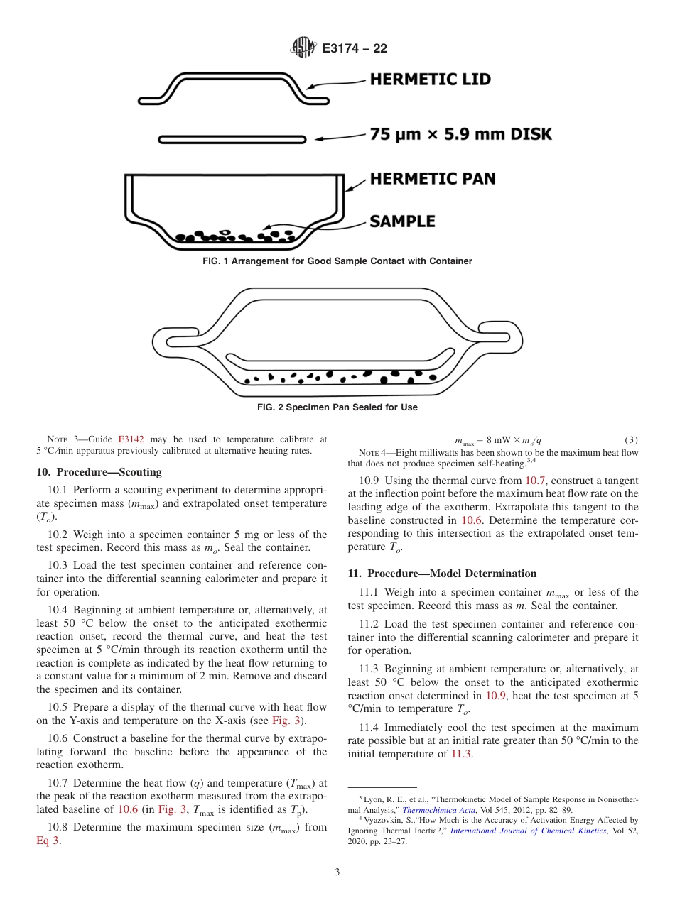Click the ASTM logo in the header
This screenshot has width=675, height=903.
point(303,48)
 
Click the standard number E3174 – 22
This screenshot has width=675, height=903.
point(355,49)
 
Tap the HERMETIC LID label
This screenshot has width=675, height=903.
point(430,80)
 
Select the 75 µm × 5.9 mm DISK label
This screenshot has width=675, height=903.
point(460,134)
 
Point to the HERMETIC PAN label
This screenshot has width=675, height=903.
point(432,178)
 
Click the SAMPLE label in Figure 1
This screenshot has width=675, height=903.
point(402,221)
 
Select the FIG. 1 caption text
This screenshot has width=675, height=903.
point(337,261)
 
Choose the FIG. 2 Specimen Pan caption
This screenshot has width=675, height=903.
point(337,407)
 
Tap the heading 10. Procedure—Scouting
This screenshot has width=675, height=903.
point(99,472)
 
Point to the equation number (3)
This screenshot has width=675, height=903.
point(631,440)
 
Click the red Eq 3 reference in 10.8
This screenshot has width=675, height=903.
point(48,841)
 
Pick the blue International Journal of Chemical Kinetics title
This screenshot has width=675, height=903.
point(528,831)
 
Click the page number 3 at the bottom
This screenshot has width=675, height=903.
point(337,872)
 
